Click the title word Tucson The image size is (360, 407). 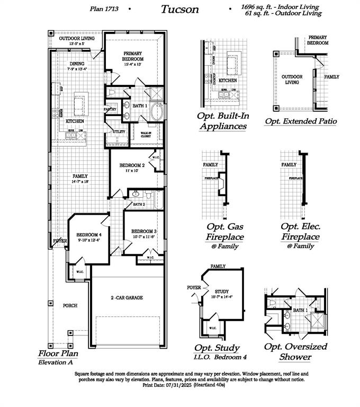(x=180, y=9)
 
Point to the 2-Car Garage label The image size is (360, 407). (x=127, y=298)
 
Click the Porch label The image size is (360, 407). (x=70, y=305)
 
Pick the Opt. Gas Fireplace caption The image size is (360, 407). (x=225, y=231)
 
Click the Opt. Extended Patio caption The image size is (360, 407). (x=301, y=121)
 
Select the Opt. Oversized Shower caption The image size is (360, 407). (x=295, y=351)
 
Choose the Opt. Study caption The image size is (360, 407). (x=217, y=348)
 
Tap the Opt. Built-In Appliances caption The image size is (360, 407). (x=222, y=121)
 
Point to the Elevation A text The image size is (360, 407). (x=56, y=362)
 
